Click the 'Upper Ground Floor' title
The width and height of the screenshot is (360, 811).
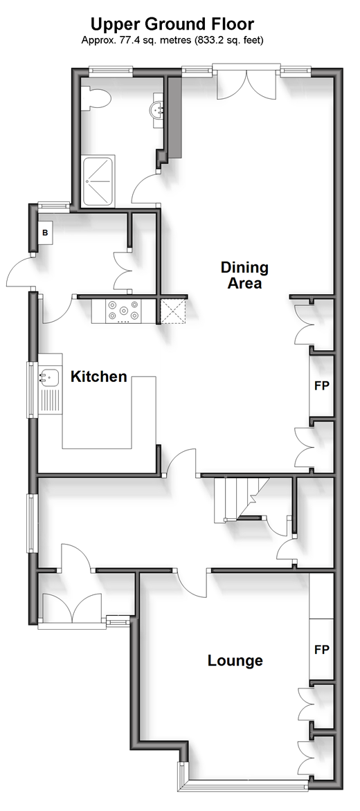pos(172,24)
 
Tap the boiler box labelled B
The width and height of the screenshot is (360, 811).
pos(45,233)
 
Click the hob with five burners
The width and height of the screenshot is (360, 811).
pos(123,311)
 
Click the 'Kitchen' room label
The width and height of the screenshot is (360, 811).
pos(99,376)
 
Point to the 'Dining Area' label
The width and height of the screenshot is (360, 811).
pos(244,275)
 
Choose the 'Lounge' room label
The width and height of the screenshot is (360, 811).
pos(235,660)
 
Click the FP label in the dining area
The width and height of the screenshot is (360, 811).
pos(322,386)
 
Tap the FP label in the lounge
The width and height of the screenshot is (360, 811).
pos(322,650)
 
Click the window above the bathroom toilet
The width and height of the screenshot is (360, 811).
pos(110,71)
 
